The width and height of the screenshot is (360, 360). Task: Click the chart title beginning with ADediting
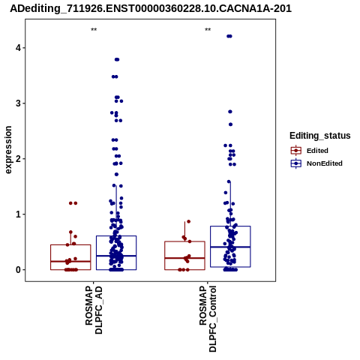tap(151, 9)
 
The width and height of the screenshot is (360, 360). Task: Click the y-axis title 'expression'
tap(8, 150)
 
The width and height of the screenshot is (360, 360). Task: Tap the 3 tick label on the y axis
tap(18, 103)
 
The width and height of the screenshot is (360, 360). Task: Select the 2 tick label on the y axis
tap(18, 158)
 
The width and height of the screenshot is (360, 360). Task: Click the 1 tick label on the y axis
tap(18, 214)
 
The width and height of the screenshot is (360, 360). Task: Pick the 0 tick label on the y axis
tap(18, 270)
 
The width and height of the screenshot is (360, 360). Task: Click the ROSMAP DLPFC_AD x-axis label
tap(94, 310)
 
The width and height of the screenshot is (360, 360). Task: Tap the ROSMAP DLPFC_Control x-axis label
tap(208, 319)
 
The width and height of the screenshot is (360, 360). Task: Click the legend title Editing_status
tap(320, 136)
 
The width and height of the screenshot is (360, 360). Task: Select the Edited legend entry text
tap(317, 151)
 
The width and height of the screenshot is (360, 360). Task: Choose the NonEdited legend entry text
tap(325, 163)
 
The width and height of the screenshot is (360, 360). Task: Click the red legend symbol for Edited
tap(296, 151)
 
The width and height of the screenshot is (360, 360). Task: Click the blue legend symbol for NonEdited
tap(296, 163)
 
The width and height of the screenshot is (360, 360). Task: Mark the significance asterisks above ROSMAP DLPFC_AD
tap(94, 30)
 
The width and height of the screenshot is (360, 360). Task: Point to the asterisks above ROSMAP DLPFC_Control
tap(208, 30)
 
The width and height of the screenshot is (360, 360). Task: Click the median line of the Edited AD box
tap(70, 262)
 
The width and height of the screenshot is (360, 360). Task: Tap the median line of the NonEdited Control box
tap(230, 247)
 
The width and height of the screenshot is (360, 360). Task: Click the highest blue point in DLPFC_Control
tap(229, 36)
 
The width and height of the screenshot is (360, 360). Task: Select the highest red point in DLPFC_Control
tap(189, 221)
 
